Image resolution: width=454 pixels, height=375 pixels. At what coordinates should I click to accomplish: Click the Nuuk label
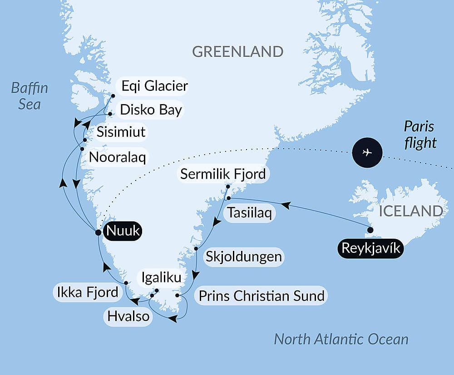coord(123,231)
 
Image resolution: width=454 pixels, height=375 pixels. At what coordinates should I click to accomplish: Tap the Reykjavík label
coord(370,249)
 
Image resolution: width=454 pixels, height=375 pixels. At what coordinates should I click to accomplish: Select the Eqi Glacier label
coord(152,85)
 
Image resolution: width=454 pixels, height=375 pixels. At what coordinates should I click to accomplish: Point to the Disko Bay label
coord(151,110)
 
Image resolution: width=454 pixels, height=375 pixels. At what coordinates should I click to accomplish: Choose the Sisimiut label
coord(121,132)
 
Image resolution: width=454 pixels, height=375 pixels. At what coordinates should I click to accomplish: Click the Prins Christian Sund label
coord(261,296)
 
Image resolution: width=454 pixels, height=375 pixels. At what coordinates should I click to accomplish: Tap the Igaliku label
coord(162,277)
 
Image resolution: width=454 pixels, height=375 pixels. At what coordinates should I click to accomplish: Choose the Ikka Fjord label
coord(88,292)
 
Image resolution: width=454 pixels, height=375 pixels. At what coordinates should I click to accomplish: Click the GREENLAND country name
coord(238,51)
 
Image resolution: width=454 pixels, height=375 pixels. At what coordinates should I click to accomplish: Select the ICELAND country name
coord(411,211)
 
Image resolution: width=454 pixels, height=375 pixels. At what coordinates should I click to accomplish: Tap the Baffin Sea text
coord(30,96)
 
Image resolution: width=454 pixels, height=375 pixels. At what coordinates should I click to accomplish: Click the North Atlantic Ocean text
coord(341,339)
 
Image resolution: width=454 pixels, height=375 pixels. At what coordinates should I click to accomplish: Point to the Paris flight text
coord(420,135)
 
